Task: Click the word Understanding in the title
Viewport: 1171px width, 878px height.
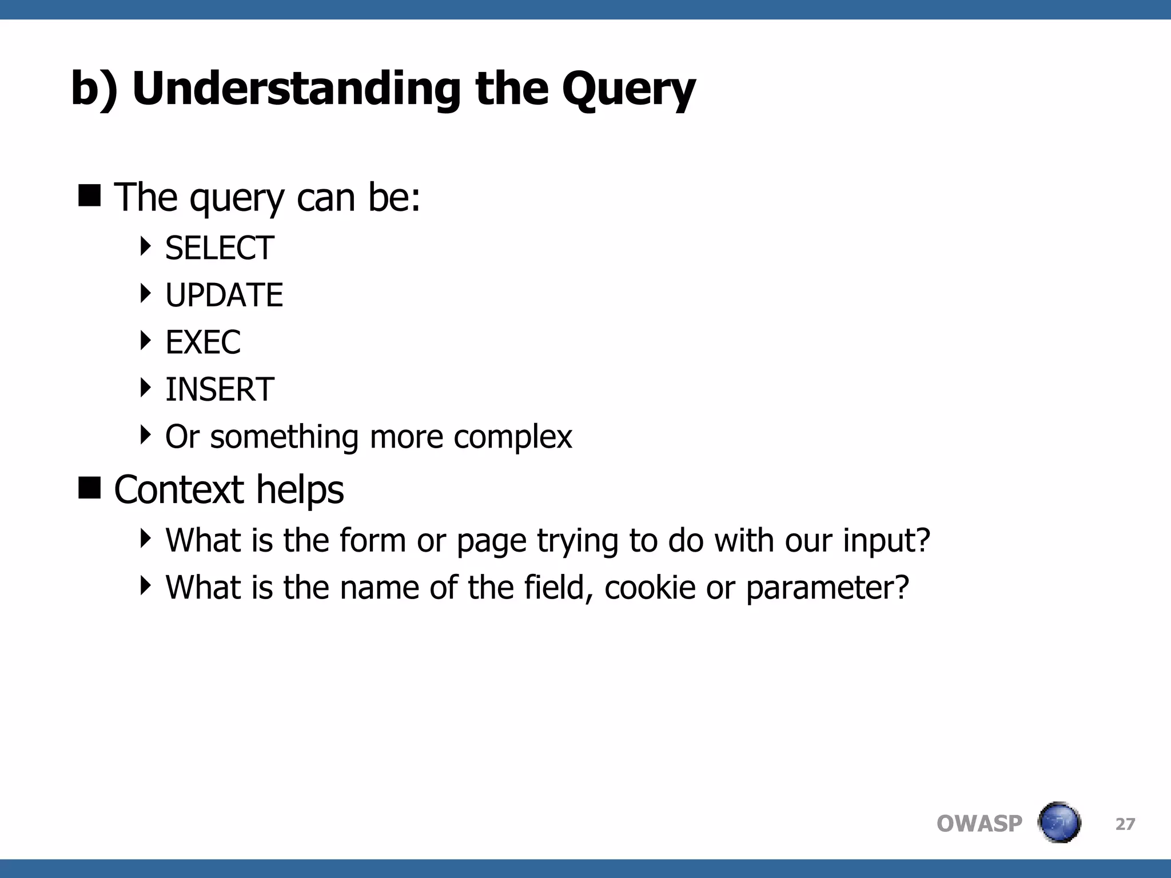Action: pos(296,89)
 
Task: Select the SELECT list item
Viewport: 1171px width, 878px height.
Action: pos(220,248)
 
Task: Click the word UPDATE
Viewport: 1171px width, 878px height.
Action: pos(224,295)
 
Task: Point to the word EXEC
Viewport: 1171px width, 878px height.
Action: pos(203,342)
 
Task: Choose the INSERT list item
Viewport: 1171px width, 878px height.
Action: pos(220,389)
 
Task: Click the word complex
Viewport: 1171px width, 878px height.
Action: pos(512,437)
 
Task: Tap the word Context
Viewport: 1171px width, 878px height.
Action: pos(179,490)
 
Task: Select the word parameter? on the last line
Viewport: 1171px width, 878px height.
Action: pos(827,588)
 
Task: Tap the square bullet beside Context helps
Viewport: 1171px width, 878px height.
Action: pos(89,488)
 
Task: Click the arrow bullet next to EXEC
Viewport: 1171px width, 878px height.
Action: pos(146,341)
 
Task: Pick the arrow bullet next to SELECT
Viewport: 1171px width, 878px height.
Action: pos(146,246)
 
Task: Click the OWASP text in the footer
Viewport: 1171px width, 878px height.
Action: pos(979,824)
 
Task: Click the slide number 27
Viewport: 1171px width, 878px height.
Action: pos(1125,824)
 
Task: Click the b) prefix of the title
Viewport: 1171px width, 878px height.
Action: pos(94,89)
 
